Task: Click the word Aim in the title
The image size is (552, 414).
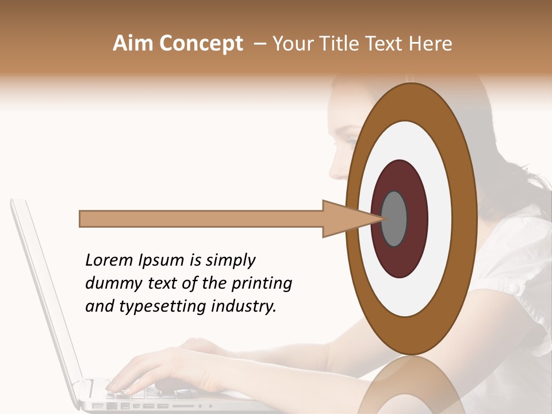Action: point(133,44)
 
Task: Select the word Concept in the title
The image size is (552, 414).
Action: point(201,44)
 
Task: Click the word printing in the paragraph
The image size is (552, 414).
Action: point(261,284)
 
